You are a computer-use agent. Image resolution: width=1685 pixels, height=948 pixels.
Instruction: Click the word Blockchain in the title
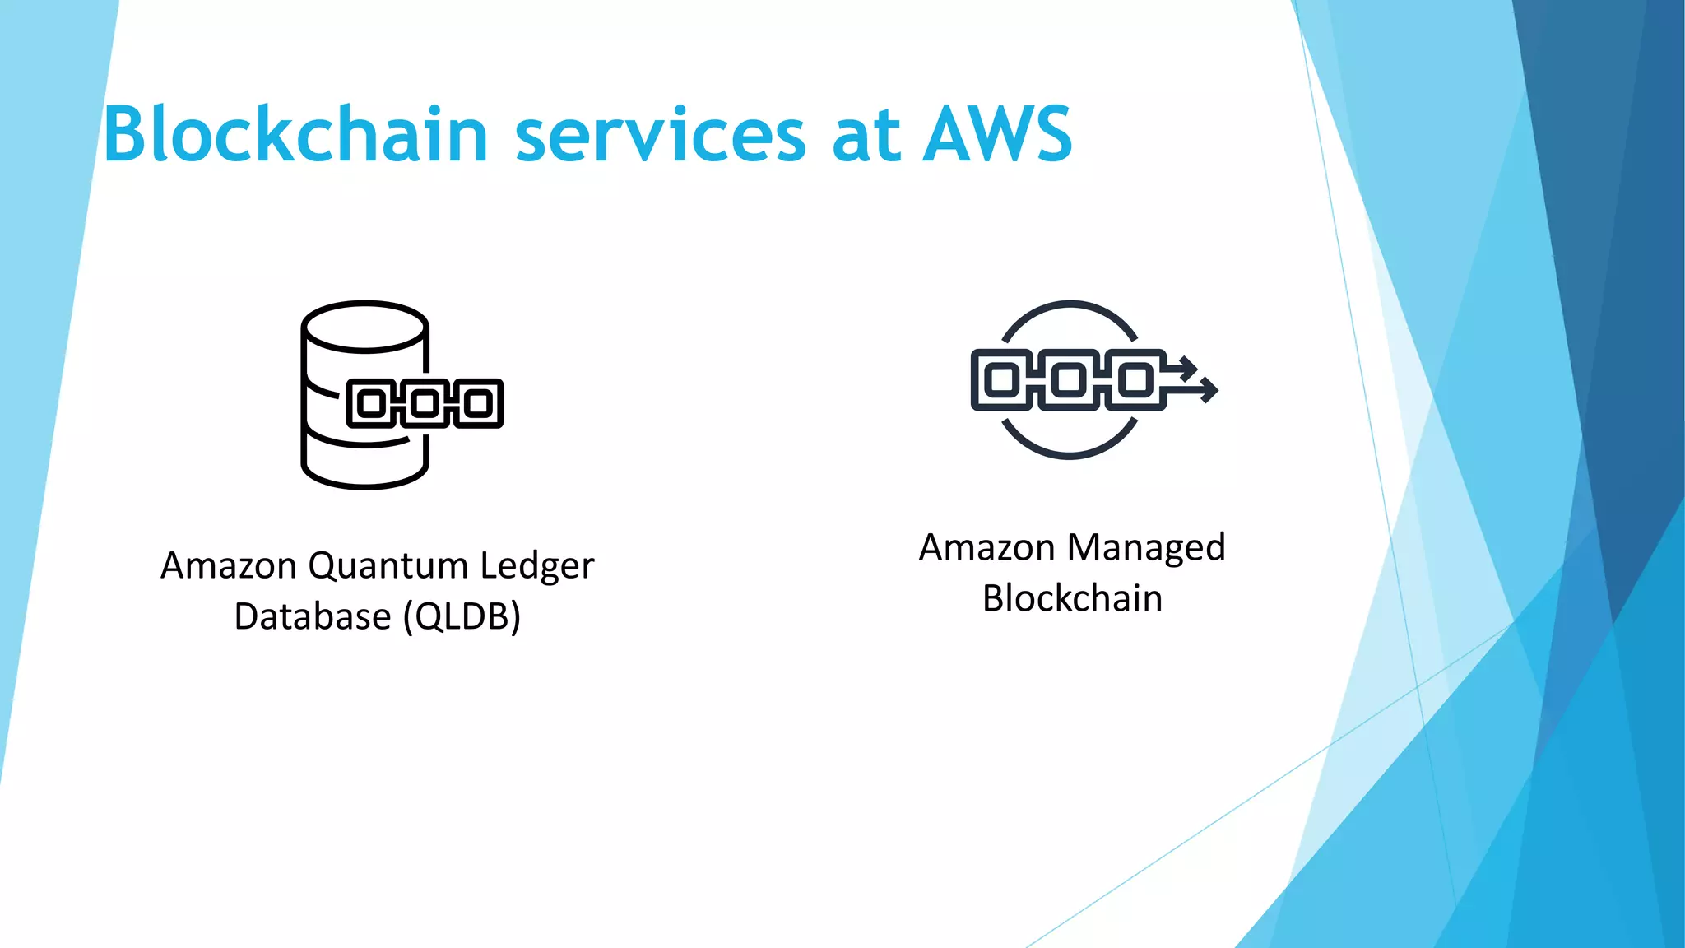(x=296, y=134)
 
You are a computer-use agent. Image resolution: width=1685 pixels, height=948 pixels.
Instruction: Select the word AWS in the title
(x=997, y=134)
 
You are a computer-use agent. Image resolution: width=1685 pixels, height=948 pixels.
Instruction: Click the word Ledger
(x=536, y=566)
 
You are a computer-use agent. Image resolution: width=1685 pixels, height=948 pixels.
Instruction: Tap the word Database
(x=312, y=616)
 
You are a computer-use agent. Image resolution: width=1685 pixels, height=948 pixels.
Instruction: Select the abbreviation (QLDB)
(x=462, y=616)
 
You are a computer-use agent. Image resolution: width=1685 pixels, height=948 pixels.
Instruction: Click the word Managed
(x=1147, y=548)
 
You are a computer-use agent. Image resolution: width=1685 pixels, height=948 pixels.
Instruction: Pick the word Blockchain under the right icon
(x=1072, y=598)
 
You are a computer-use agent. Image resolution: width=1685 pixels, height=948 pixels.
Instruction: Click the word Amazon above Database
(x=229, y=566)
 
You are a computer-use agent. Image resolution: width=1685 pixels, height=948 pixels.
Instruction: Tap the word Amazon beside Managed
(x=986, y=548)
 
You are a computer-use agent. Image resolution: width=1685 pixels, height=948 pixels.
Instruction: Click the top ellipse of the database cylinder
(x=364, y=326)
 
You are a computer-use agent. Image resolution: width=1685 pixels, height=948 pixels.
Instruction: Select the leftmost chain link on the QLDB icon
(x=372, y=403)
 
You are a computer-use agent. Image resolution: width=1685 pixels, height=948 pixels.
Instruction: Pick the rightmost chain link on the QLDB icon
(x=479, y=403)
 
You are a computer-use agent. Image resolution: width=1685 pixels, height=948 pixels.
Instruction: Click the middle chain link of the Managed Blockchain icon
(x=1069, y=379)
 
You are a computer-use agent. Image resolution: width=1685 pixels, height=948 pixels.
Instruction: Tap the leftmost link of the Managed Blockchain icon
(x=1002, y=379)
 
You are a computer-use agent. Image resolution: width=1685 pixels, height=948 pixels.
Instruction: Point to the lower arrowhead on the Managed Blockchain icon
(x=1208, y=388)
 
